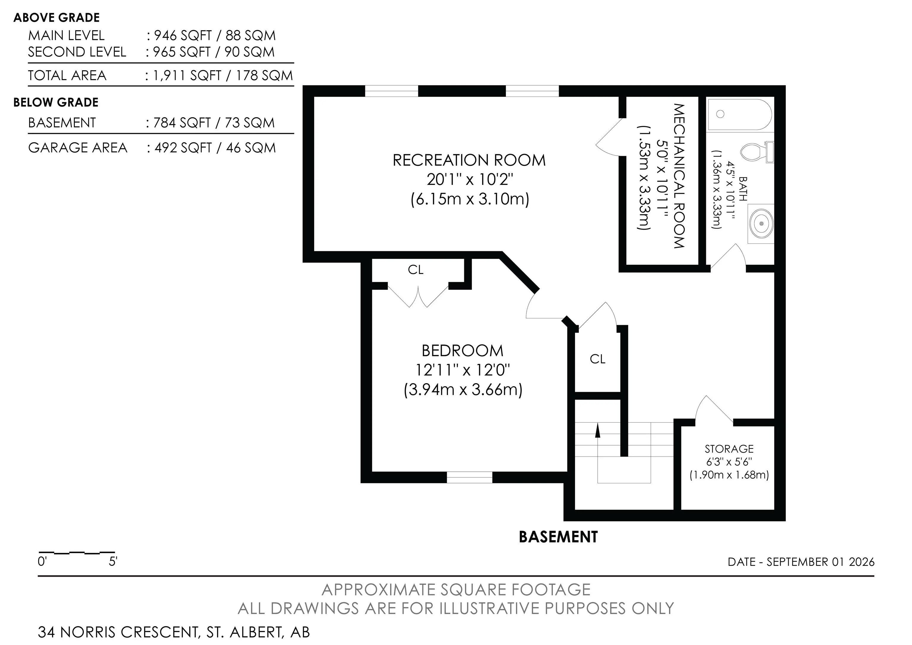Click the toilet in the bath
pos(757,152)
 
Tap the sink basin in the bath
pos(761,224)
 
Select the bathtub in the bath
pos(740,114)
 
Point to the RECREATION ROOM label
pos(469,160)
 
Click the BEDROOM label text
pos(462,351)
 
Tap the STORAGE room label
pos(729,449)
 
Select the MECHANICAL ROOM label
pos(679,176)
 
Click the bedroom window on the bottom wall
pos(469,477)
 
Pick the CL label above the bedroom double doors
pos(416,270)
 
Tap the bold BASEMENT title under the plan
pos(558,537)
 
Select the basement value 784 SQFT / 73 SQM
pos(214,123)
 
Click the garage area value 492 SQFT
pos(183,148)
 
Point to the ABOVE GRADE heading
pos(56,18)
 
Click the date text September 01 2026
pos(820,562)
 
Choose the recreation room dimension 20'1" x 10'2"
pos(470,180)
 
